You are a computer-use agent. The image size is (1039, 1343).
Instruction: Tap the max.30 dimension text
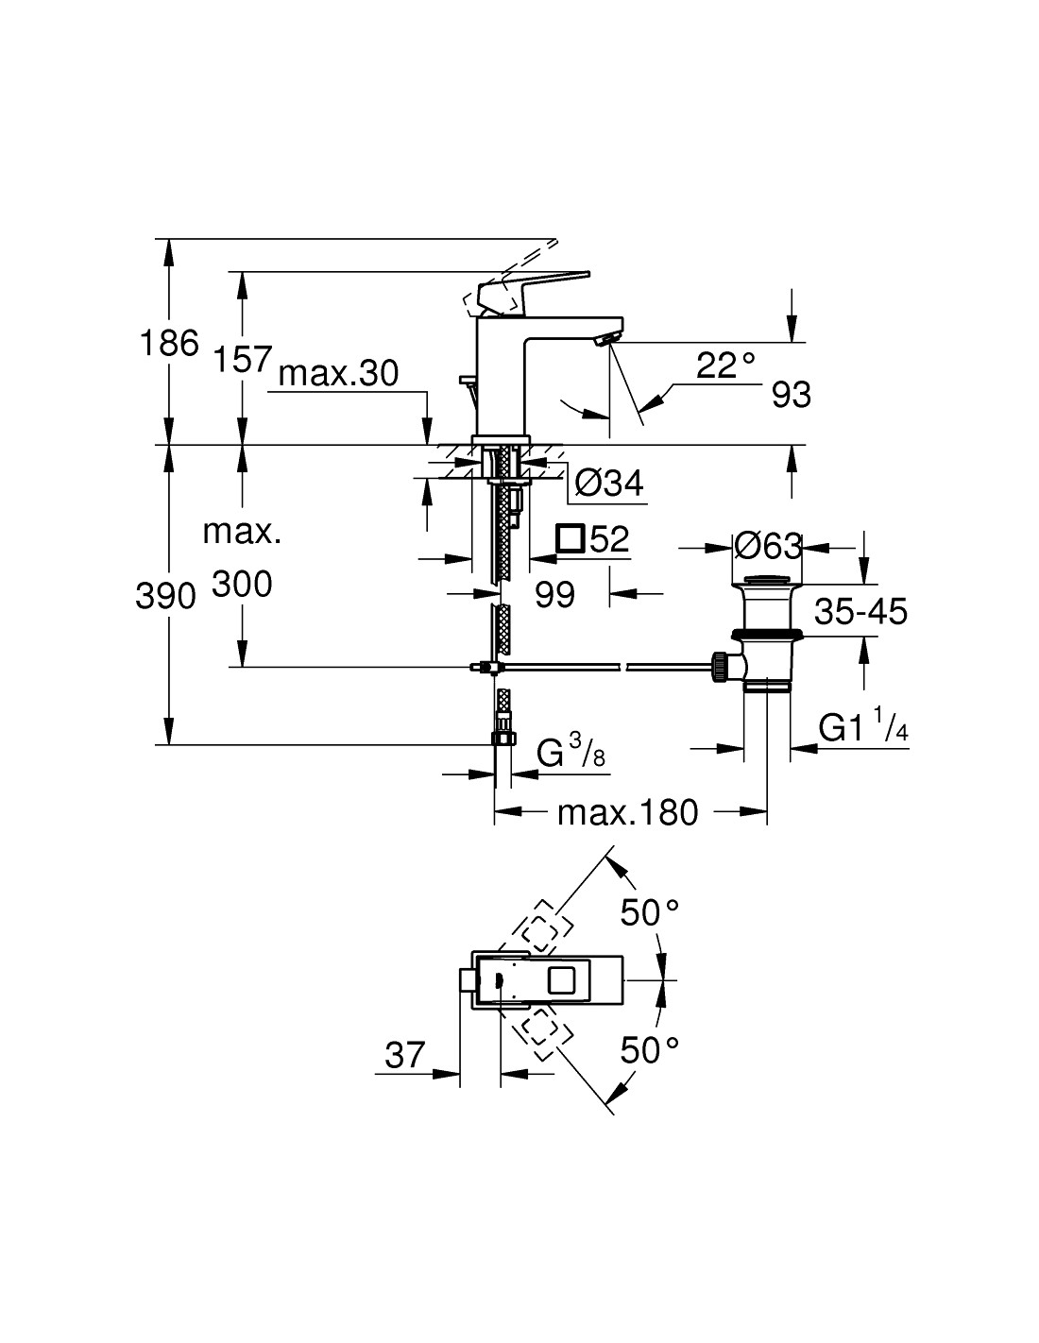click(339, 374)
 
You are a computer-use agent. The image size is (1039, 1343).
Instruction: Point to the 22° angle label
click(726, 365)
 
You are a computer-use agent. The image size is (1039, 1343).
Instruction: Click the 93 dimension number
click(792, 395)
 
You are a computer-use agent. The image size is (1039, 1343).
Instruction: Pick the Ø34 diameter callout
click(609, 484)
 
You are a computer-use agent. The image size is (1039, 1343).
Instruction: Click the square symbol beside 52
click(570, 539)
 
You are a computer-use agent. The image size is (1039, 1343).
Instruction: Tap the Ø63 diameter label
click(767, 545)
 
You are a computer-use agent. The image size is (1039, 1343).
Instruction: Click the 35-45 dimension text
click(861, 611)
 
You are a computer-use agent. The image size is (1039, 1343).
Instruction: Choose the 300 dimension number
click(242, 585)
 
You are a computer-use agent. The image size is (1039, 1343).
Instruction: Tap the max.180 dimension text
click(627, 811)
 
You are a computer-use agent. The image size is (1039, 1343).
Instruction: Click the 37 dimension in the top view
click(405, 1054)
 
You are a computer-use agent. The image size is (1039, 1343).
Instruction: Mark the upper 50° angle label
click(650, 913)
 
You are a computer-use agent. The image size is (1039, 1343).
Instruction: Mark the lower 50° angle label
click(650, 1050)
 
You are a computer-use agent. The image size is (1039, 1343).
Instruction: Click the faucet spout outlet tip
click(608, 340)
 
